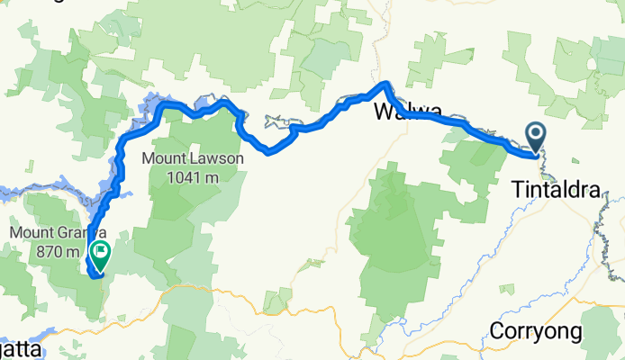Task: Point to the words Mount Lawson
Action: point(193,159)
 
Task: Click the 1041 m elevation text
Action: point(193,177)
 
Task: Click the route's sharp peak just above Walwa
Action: point(386,85)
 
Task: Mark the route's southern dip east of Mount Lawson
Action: point(270,151)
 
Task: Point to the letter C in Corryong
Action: point(497,330)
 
